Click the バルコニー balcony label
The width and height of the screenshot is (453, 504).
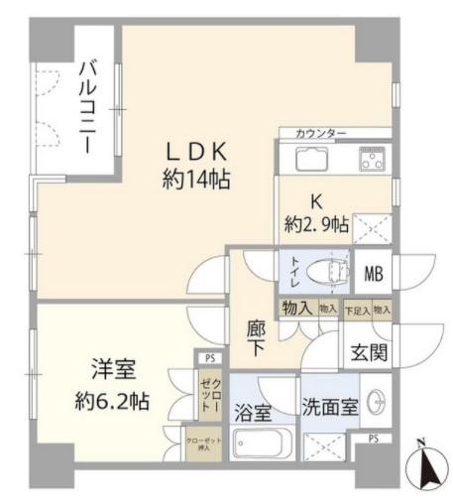tap(88, 107)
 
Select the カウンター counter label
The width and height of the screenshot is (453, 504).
tap(320, 133)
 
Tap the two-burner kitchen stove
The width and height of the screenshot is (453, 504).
tap(373, 160)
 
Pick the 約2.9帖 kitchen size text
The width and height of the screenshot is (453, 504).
tap(317, 224)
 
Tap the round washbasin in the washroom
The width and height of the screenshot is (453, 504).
tap(376, 401)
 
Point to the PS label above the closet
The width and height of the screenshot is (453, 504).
tap(208, 359)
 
